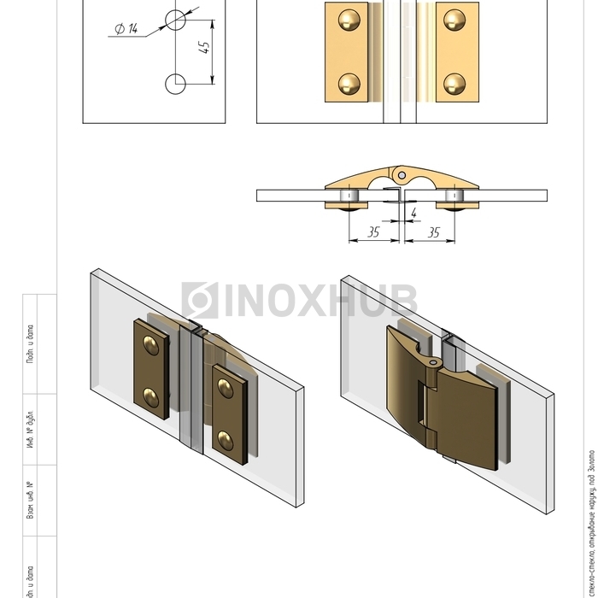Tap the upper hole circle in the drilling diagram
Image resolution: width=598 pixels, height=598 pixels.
pyautogui.click(x=175, y=20)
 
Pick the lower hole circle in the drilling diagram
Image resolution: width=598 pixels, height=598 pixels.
pyautogui.click(x=175, y=84)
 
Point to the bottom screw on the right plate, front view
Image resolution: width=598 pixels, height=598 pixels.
pyautogui.click(x=454, y=83)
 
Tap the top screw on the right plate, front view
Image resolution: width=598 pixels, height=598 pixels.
pyautogui.click(x=454, y=19)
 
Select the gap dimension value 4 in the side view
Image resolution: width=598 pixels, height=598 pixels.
pyautogui.click(x=413, y=212)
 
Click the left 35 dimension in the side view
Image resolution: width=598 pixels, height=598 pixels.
pyautogui.click(x=373, y=231)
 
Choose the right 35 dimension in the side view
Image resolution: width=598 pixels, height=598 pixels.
pyautogui.click(x=433, y=231)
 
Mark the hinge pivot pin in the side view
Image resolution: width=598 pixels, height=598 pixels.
pyautogui.click(x=399, y=174)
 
